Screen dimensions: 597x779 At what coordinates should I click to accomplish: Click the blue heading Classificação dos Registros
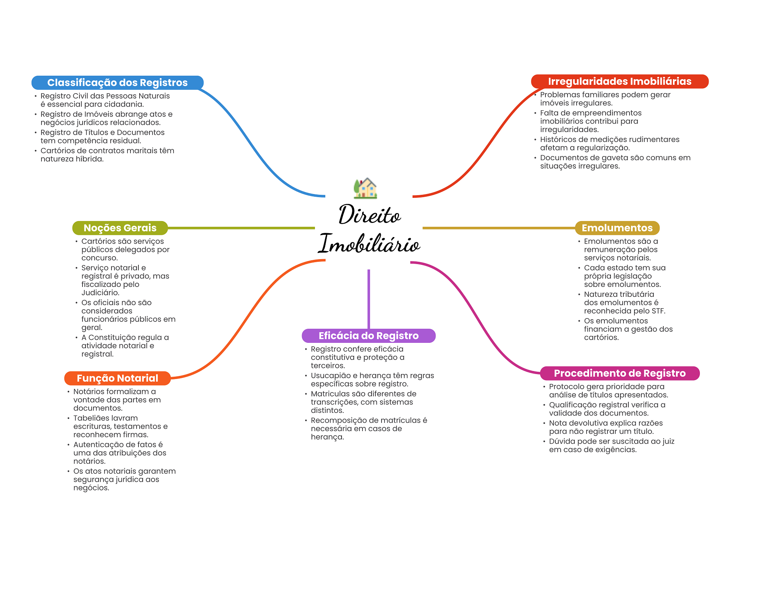coord(117,83)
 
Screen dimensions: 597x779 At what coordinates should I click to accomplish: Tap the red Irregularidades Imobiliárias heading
coord(619,81)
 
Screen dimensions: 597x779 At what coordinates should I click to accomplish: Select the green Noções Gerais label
coord(120,228)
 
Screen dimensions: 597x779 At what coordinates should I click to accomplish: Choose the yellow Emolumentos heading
coord(617,228)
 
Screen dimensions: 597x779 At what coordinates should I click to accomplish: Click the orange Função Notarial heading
coord(117,378)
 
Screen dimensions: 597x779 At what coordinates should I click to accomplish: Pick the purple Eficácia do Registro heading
coord(368,336)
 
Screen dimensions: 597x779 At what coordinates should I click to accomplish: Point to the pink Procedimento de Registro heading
coord(620,373)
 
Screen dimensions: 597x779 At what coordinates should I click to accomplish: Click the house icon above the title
coord(365,188)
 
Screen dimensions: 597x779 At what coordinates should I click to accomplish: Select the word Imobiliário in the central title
coord(369,244)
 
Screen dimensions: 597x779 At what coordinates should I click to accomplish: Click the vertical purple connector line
coord(369,299)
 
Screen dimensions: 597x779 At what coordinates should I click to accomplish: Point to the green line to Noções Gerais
coord(241,228)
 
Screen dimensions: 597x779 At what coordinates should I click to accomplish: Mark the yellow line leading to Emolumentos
coord(498,228)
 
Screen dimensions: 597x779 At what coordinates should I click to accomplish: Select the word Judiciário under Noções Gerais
coord(100,293)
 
